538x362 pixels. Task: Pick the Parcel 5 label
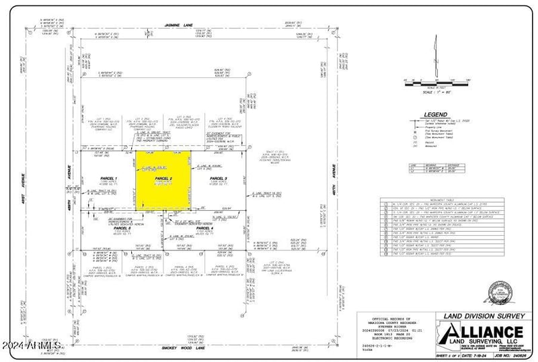[x=112, y=228]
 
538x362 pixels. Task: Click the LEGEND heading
[x=435, y=114]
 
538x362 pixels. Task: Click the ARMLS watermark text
[x=32, y=346]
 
